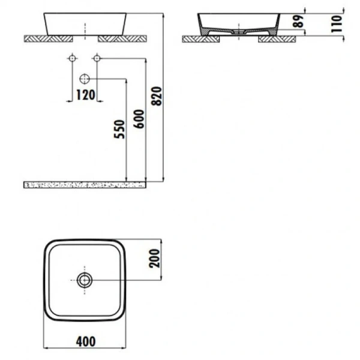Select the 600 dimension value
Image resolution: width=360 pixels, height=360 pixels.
point(139,119)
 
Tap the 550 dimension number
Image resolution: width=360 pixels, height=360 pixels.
point(119,129)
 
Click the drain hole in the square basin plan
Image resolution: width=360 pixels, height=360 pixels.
point(85,280)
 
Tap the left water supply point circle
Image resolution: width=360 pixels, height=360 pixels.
point(72,58)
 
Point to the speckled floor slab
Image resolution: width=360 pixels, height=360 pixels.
point(84,184)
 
